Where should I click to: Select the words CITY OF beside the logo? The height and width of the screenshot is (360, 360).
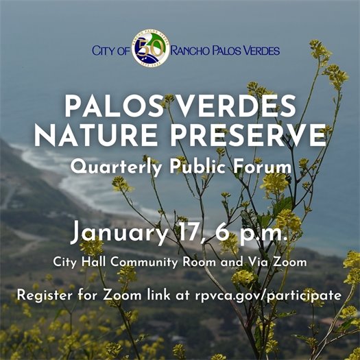(110, 50)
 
